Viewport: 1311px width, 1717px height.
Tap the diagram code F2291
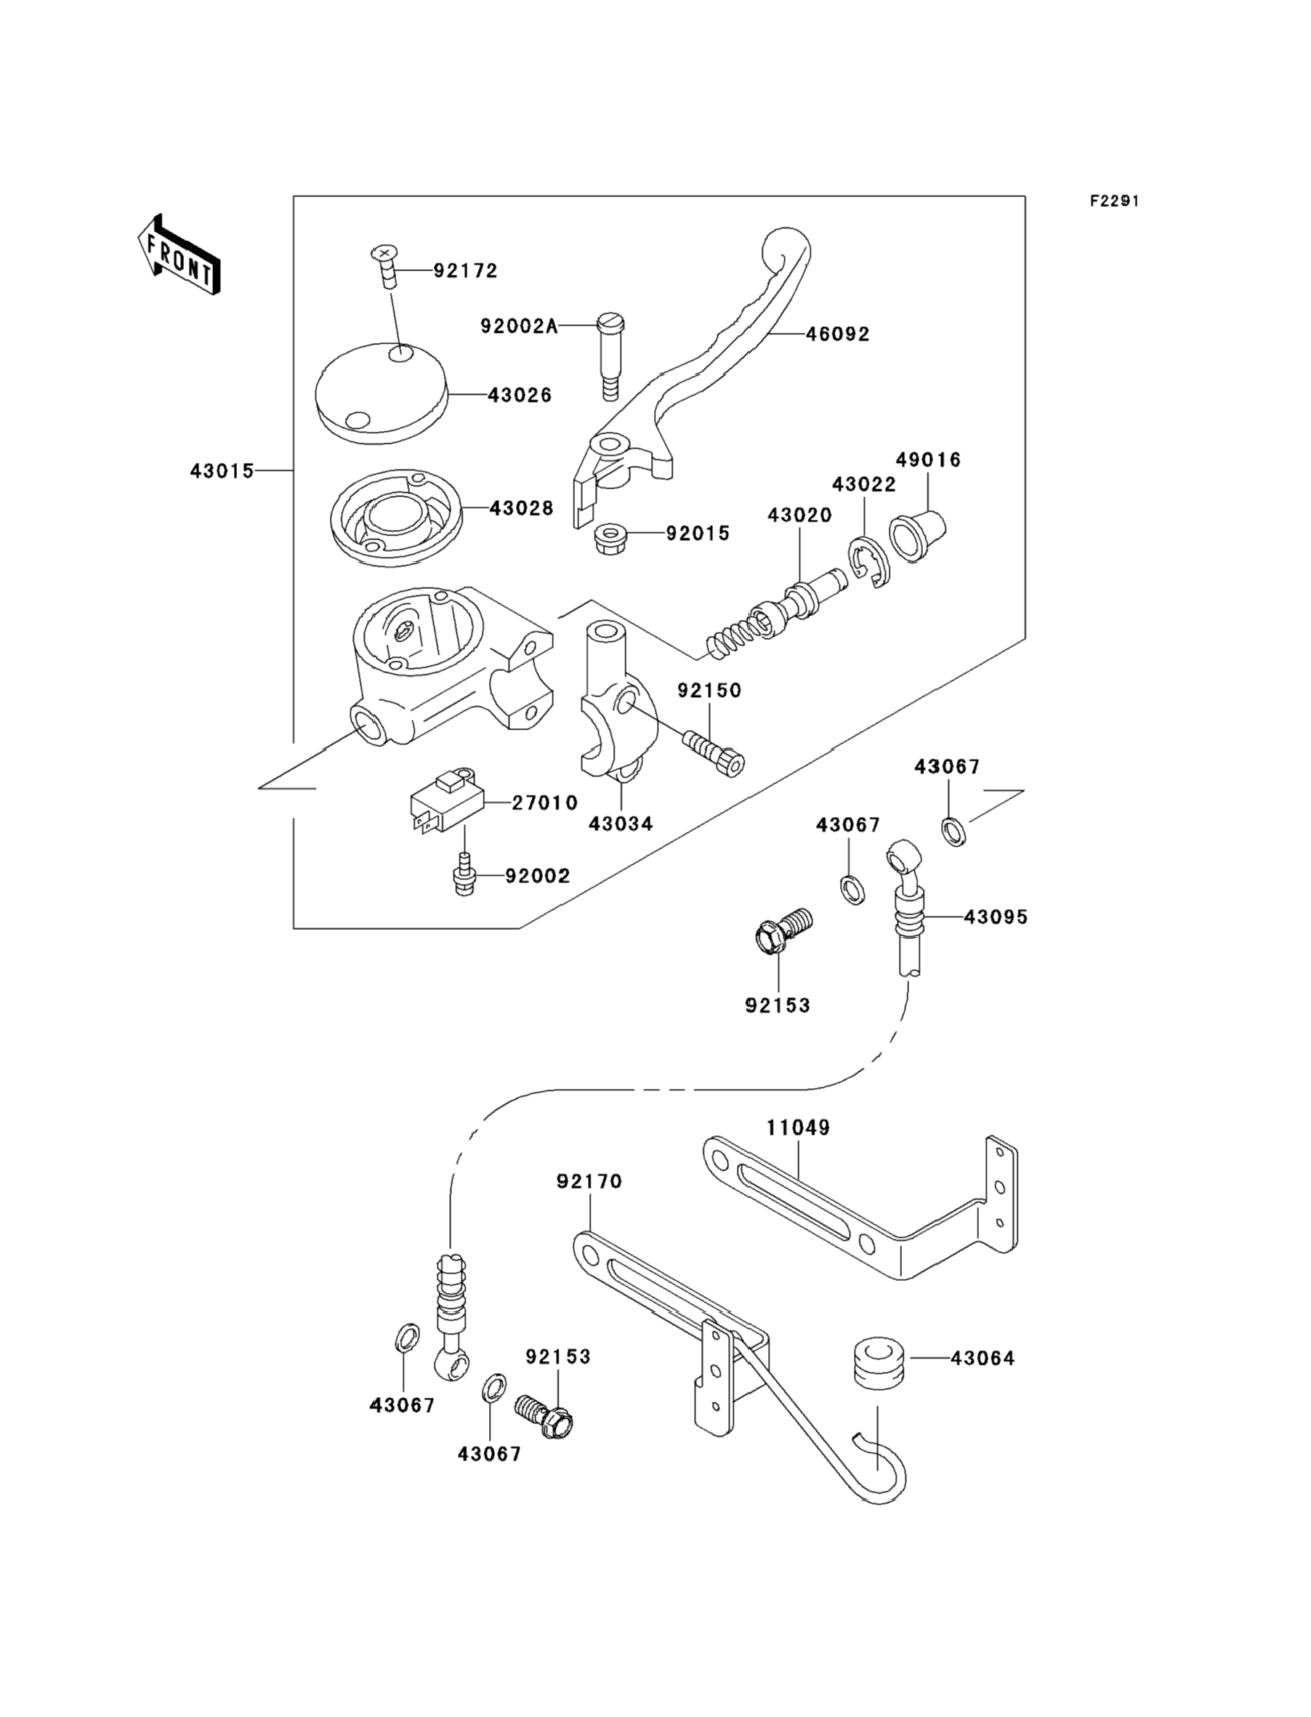click(x=1114, y=201)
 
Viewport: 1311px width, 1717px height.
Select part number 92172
click(x=465, y=271)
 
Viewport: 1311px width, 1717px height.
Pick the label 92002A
click(x=519, y=326)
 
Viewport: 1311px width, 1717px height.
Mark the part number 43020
click(x=799, y=515)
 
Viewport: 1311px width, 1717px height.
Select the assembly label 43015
click(x=222, y=471)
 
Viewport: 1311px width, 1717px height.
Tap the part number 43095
click(x=996, y=917)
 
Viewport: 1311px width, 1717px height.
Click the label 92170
click(x=589, y=1181)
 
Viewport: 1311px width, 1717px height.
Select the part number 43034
click(x=621, y=824)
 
